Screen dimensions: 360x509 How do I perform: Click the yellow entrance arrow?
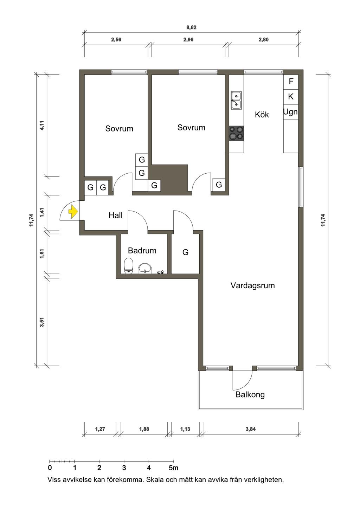(x=73, y=212)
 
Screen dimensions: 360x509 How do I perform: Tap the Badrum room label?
(x=142, y=251)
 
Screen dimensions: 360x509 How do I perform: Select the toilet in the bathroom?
(x=129, y=265)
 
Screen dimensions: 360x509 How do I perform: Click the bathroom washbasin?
(x=145, y=268)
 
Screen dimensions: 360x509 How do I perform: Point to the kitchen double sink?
(x=236, y=100)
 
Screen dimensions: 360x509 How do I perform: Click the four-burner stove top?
(x=236, y=133)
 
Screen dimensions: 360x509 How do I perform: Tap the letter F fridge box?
(x=291, y=82)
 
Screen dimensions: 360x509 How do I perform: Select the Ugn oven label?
(x=290, y=112)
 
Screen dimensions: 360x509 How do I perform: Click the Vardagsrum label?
(x=253, y=286)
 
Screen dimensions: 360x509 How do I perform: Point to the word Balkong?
(x=250, y=395)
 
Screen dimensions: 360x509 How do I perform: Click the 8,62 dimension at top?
(x=191, y=27)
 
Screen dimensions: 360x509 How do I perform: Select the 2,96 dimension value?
(x=188, y=40)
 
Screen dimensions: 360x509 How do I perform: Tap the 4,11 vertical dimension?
(x=42, y=125)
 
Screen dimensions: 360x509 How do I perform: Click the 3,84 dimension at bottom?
(x=250, y=429)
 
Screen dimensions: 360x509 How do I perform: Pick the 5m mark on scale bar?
(x=173, y=468)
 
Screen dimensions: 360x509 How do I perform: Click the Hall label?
(x=115, y=215)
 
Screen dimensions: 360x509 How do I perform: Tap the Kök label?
(x=262, y=115)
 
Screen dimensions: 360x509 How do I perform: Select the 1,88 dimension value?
(x=144, y=429)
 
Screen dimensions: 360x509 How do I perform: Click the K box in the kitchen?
(x=291, y=97)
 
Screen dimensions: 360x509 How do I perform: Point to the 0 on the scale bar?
(x=50, y=468)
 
